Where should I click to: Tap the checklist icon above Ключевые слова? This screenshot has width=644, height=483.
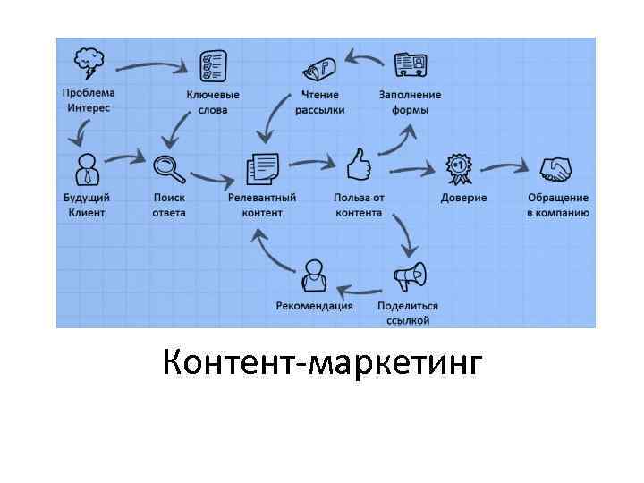click(212, 65)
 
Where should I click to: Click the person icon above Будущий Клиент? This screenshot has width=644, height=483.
click(87, 167)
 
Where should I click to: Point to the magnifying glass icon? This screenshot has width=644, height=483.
click(168, 168)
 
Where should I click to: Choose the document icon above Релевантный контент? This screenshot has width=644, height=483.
click(261, 168)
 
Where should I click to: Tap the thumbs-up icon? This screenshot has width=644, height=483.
click(359, 165)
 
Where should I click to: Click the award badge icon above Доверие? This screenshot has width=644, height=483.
click(460, 167)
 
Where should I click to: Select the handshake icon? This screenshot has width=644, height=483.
click(557, 168)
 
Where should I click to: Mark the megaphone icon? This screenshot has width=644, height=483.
click(409, 276)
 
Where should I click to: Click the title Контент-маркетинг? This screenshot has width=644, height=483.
click(322, 364)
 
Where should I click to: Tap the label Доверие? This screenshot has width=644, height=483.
click(463, 198)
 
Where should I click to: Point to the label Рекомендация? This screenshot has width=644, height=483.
click(314, 306)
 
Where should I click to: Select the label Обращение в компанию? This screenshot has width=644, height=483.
click(557, 205)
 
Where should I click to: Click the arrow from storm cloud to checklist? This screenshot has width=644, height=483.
click(152, 64)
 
